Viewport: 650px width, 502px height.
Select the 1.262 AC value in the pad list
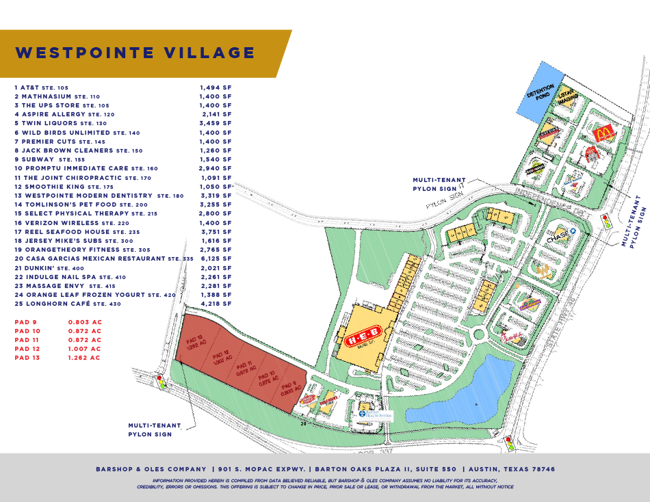point(84,358)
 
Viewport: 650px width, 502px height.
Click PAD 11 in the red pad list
point(26,340)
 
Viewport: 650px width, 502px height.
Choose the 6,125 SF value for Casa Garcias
point(216,259)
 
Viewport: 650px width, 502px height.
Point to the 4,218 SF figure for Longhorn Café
point(216,304)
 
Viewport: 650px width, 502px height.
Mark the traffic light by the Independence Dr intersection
point(606,222)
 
